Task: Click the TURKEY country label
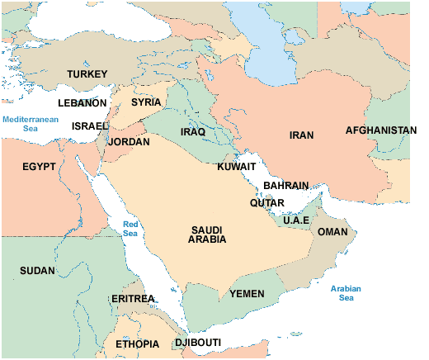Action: [87, 74]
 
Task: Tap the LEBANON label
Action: [82, 103]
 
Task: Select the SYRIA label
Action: [146, 102]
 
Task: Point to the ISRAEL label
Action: [90, 126]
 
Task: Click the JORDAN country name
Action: [129, 142]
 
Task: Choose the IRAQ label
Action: [192, 132]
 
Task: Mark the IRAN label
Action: [302, 135]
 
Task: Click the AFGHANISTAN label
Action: [380, 130]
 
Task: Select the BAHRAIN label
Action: [285, 186]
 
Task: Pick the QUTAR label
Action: [266, 202]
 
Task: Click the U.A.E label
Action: [296, 220]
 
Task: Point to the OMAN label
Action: [332, 232]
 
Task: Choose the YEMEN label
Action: [247, 293]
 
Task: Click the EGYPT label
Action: [39, 166]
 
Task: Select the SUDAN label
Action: [38, 270]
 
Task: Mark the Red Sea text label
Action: [130, 229]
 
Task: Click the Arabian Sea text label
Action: [346, 292]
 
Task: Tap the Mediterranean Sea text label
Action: [31, 124]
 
